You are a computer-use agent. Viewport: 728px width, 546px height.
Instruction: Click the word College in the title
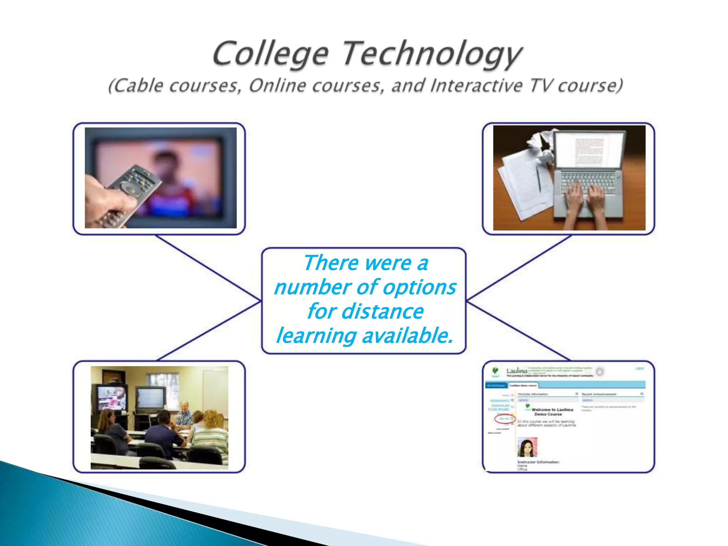[270, 54]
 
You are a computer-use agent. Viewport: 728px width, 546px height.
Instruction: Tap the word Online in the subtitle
[277, 86]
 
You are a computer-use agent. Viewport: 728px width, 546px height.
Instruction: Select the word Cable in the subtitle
[139, 86]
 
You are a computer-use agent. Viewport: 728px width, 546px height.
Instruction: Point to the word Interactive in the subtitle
[476, 86]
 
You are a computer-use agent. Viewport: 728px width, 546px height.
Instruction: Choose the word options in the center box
[419, 287]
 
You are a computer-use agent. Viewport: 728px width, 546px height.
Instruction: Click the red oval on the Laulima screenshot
[504, 419]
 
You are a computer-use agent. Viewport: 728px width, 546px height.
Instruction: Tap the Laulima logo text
[517, 371]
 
